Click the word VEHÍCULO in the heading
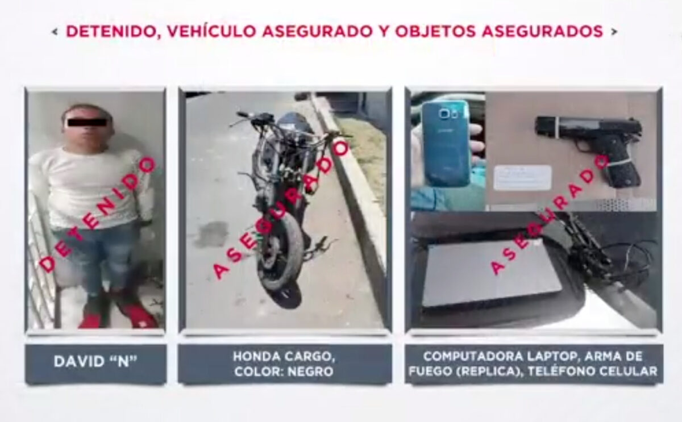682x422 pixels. point(211,31)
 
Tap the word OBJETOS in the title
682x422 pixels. point(435,31)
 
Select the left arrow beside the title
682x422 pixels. point(55,32)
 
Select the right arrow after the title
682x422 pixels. point(614,32)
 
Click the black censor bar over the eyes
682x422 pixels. point(88,122)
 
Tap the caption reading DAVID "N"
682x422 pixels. point(95,361)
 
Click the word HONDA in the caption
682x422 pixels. point(256,356)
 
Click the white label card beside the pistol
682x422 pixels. point(522,178)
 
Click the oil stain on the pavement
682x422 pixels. point(211,234)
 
